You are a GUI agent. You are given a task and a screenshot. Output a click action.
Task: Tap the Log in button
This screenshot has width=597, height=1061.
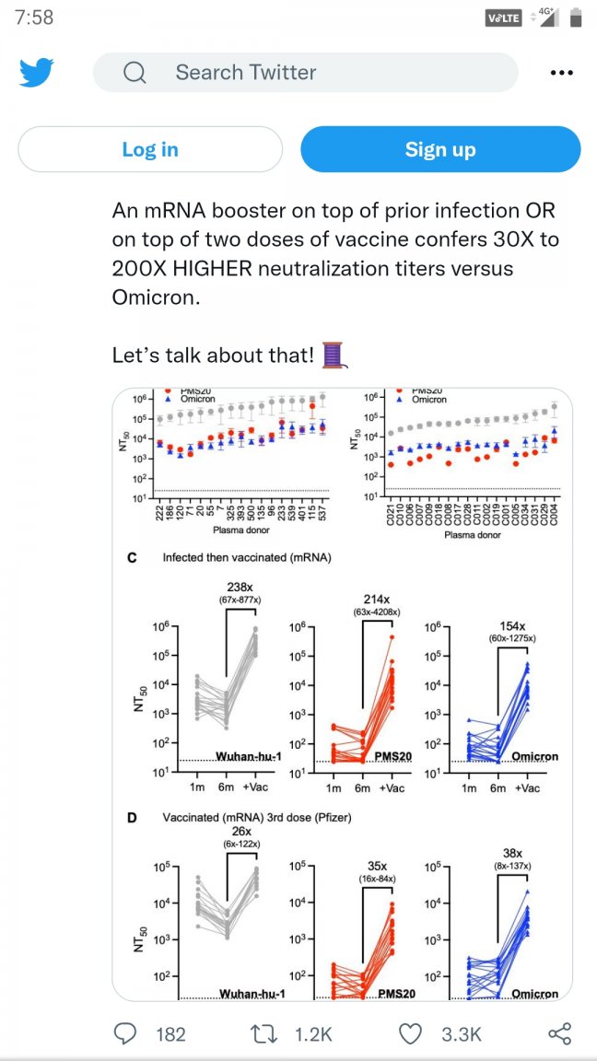tap(150, 149)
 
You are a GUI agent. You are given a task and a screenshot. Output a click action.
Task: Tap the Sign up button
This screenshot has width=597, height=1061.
tap(440, 149)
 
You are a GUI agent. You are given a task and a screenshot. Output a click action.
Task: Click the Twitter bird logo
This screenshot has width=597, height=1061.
tap(37, 73)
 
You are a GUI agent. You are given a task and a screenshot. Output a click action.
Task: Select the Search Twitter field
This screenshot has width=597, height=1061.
tap(304, 73)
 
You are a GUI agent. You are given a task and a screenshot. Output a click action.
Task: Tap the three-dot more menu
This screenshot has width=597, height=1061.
tap(561, 73)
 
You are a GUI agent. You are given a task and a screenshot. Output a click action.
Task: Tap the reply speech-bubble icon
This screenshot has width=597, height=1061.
tap(125, 1033)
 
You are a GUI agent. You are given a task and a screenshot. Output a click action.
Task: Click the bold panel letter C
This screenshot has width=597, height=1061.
tap(132, 557)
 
